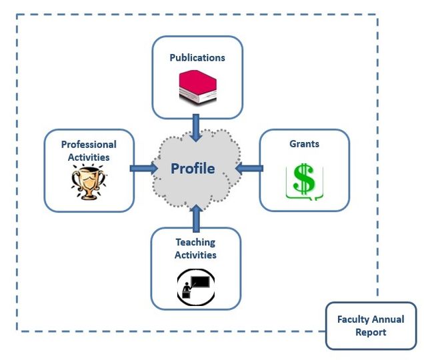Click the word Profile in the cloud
[x=193, y=168]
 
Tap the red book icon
[x=197, y=86]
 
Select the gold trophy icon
[x=89, y=184]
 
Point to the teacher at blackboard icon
[x=195, y=287]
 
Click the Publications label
[x=197, y=57]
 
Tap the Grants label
[x=304, y=143]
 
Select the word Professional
[x=89, y=144]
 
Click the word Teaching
[x=195, y=242]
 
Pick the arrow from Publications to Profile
[x=196, y=127]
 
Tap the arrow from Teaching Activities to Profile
[x=196, y=216]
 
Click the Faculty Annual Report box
[x=371, y=326]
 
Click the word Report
[x=371, y=332]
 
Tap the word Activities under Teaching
[x=195, y=255]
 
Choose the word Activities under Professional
[x=89, y=157]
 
